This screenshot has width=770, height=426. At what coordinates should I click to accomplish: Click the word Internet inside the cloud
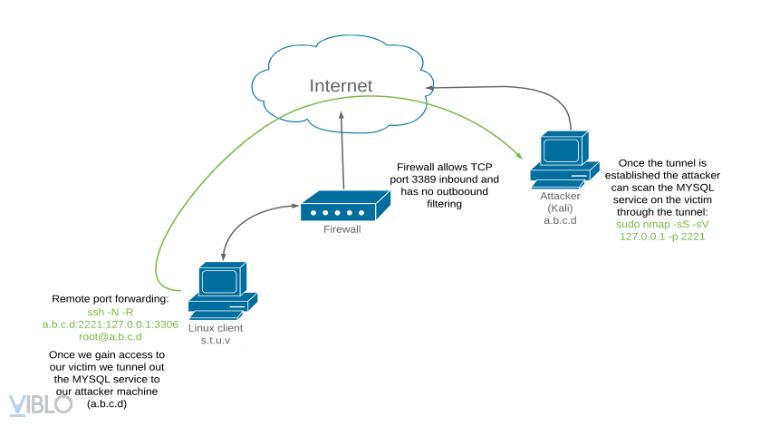[x=341, y=86]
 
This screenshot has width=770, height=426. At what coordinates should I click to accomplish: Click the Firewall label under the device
[x=342, y=230]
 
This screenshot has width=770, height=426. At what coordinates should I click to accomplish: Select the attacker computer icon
[x=563, y=160]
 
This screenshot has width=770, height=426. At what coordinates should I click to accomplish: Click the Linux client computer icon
[x=222, y=290]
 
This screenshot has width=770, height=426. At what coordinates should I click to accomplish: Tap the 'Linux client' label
[x=216, y=327]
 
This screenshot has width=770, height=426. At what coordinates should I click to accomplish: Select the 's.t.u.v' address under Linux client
[x=216, y=340]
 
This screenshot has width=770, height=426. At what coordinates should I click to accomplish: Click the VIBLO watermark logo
[x=40, y=404]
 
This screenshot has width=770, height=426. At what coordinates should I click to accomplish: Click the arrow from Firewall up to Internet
[x=342, y=150]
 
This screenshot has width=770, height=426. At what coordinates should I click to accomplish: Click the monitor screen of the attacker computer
[x=562, y=149]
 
